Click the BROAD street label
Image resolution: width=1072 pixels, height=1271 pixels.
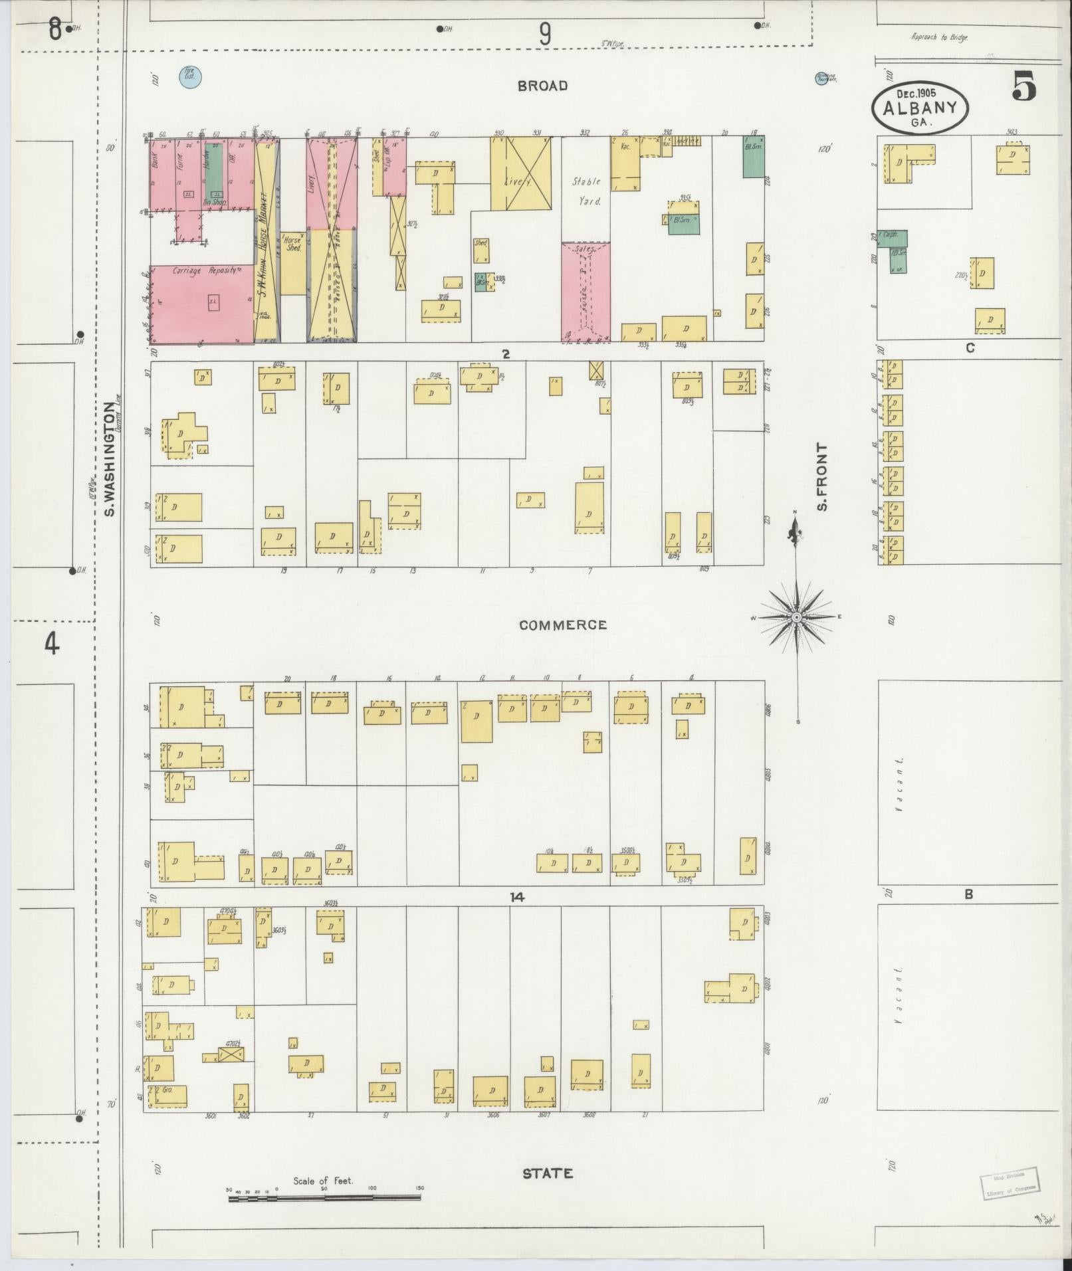(543, 86)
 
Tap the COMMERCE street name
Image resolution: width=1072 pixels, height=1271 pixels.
(563, 625)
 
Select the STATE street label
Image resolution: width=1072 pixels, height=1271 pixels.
(547, 1174)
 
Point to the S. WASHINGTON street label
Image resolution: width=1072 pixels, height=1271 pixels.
(110, 458)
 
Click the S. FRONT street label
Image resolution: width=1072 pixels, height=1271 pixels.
(823, 477)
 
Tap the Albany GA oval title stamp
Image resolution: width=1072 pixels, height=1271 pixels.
(920, 108)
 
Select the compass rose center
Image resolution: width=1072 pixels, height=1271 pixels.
(796, 617)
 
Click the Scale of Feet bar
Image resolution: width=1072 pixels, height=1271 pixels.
(324, 1199)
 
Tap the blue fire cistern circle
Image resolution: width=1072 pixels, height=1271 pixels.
(190, 77)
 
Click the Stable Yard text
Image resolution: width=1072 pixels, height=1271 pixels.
(586, 191)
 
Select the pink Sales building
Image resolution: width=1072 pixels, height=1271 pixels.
(586, 292)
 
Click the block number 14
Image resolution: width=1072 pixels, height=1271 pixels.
(517, 897)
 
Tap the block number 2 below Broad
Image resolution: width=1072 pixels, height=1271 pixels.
(506, 354)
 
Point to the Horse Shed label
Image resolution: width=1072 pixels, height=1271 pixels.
(293, 244)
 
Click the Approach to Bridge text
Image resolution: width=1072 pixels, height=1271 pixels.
(939, 38)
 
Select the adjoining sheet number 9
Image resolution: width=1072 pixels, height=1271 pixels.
(545, 33)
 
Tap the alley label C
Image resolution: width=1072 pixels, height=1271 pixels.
(970, 347)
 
